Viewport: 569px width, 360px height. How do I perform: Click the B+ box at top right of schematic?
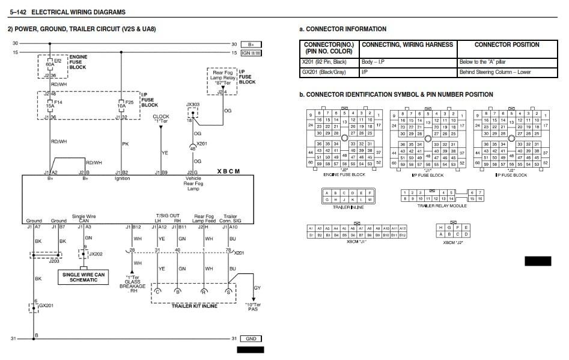251,44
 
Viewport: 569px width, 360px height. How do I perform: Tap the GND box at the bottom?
251,339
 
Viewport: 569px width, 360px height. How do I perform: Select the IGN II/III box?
251,53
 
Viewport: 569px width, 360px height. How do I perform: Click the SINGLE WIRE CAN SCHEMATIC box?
84,276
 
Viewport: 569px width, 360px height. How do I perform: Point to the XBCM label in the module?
228,171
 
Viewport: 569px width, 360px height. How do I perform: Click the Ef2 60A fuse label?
57,64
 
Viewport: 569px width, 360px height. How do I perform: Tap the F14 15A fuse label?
58,106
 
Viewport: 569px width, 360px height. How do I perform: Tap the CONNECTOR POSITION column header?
507,45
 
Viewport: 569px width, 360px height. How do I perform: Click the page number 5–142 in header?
18,12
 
